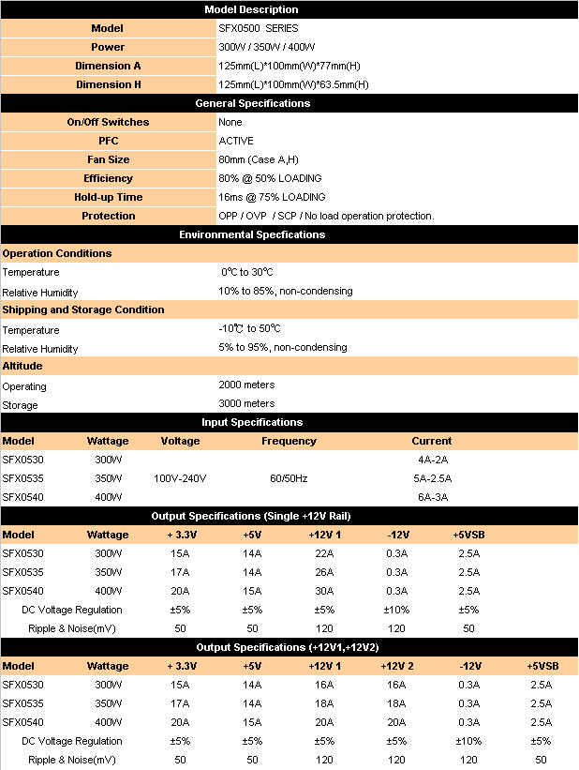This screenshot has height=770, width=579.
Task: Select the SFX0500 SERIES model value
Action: pyautogui.click(x=259, y=28)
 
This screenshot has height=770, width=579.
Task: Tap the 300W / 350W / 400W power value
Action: pyautogui.click(x=266, y=47)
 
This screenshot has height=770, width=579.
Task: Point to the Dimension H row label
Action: pyautogui.click(x=108, y=84)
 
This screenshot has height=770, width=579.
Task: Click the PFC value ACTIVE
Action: pyautogui.click(x=235, y=141)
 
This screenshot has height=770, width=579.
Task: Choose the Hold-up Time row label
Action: pyautogui.click(x=108, y=197)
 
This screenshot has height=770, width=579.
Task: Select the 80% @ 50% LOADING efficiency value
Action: pyautogui.click(x=270, y=178)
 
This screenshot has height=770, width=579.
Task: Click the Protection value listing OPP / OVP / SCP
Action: pyautogui.click(x=326, y=216)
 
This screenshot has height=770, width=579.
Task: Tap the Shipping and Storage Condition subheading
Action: pyautogui.click(x=83, y=310)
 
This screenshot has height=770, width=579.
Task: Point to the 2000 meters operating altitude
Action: pyautogui.click(x=246, y=385)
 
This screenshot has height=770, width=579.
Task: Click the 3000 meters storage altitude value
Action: pyautogui.click(x=246, y=404)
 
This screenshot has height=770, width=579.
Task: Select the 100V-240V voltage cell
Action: pyautogui.click(x=180, y=478)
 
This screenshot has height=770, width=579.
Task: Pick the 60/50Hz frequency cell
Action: pyautogui.click(x=289, y=478)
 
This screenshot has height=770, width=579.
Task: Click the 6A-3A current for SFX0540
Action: pyautogui.click(x=431, y=497)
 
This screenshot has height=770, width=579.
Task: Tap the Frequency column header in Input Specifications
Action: pyautogui.click(x=289, y=441)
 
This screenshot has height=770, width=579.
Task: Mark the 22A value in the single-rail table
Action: pyautogui.click(x=324, y=553)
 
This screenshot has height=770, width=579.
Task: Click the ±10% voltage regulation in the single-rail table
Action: pyautogui.click(x=397, y=610)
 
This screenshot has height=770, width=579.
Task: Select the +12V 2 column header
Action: pyautogui.click(x=397, y=666)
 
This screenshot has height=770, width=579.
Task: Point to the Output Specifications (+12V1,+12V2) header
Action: pyautogui.click(x=288, y=647)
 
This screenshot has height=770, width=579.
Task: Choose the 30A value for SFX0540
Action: pyautogui.click(x=324, y=591)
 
